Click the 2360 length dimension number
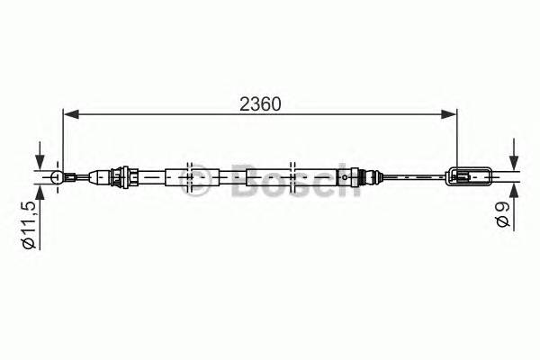click(260, 103)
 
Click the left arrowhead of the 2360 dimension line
click(68, 114)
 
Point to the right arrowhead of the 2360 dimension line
click(449, 114)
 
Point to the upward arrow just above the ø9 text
click(512, 192)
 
